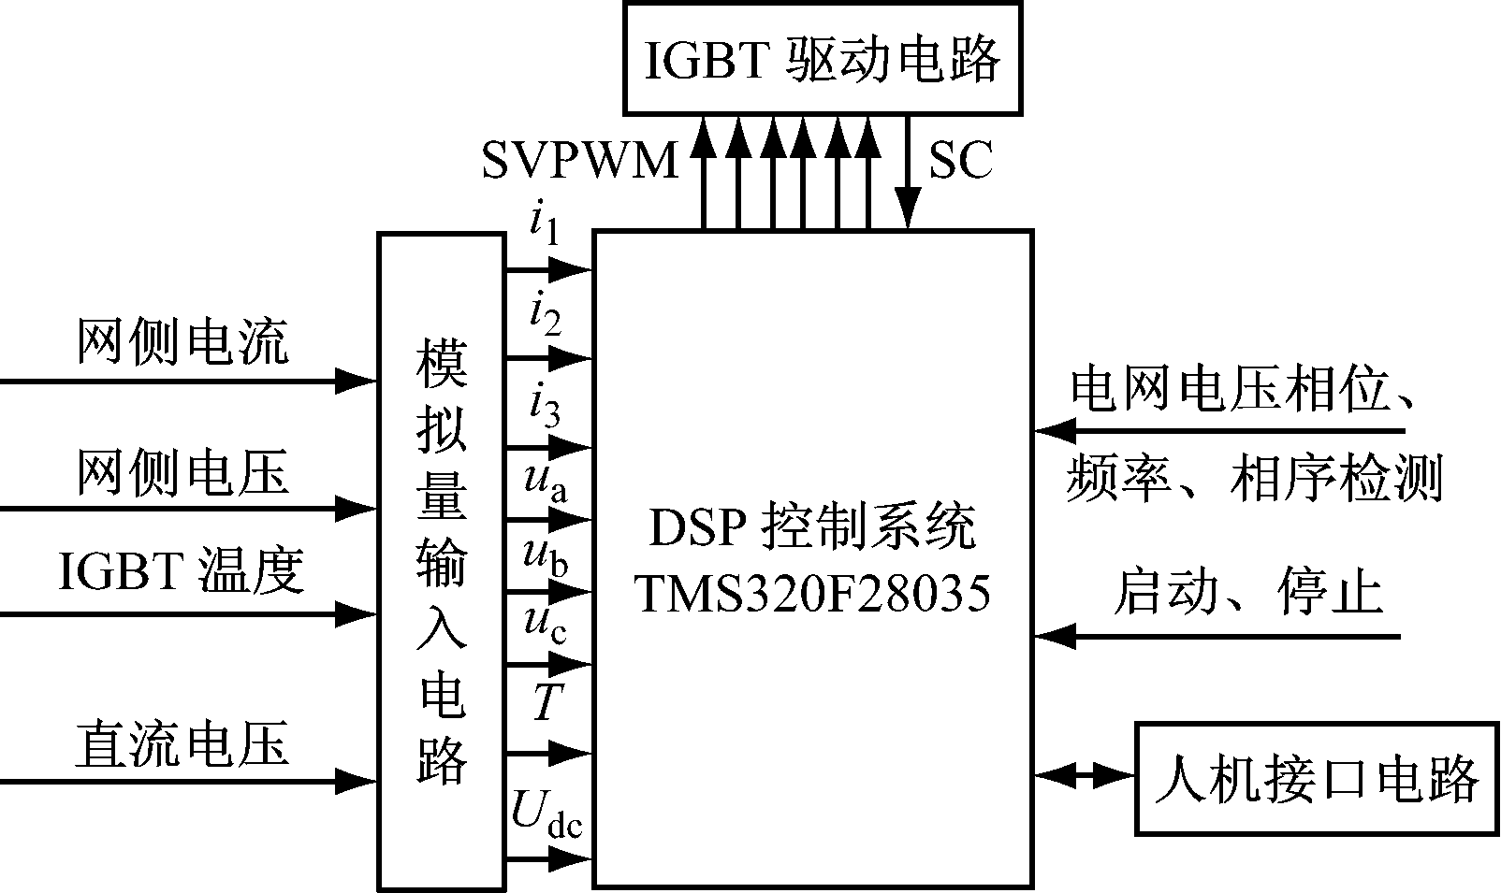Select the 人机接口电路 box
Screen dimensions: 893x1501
click(x=1317, y=778)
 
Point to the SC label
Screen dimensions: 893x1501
click(x=960, y=160)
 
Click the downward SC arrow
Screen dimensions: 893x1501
click(x=906, y=173)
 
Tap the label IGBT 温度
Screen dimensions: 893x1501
click(x=182, y=570)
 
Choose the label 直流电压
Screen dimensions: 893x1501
click(x=182, y=743)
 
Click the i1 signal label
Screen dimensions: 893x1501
click(x=544, y=224)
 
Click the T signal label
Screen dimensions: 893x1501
click(x=545, y=701)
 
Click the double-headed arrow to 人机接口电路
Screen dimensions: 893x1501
click(x=1085, y=775)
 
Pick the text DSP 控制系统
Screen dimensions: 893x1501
click(x=812, y=529)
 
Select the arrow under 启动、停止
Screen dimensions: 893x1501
click(x=1217, y=637)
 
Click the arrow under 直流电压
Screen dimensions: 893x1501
click(x=187, y=780)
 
